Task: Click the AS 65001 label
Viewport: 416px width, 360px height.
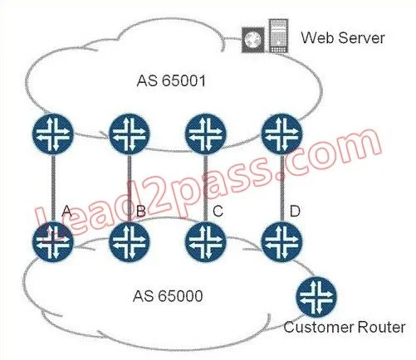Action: click(x=171, y=81)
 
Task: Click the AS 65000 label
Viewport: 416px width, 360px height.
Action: click(x=168, y=296)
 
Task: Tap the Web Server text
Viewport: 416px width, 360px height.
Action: click(x=343, y=37)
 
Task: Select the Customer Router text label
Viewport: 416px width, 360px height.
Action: click(x=345, y=327)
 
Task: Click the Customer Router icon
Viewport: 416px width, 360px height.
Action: click(x=316, y=297)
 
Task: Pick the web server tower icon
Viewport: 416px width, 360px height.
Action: click(x=278, y=36)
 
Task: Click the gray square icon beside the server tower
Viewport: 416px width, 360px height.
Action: click(x=253, y=40)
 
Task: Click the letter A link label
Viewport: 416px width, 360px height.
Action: click(x=66, y=211)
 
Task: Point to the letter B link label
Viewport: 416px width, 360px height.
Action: click(x=141, y=211)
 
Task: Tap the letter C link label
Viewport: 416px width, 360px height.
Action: click(x=218, y=211)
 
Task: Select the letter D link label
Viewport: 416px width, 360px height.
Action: click(x=295, y=211)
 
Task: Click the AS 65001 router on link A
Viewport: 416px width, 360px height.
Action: click(x=53, y=134)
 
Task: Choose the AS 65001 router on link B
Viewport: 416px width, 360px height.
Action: click(x=130, y=134)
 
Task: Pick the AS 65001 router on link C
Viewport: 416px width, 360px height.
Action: click(x=206, y=134)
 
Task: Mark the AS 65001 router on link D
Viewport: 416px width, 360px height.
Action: click(x=282, y=134)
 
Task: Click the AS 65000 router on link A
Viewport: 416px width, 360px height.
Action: click(x=53, y=242)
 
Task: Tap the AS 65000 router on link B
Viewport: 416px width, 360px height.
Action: click(x=130, y=242)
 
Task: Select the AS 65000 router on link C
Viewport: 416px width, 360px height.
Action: click(x=206, y=242)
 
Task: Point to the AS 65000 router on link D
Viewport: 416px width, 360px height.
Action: click(x=282, y=242)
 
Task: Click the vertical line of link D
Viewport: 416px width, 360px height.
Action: click(x=282, y=188)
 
